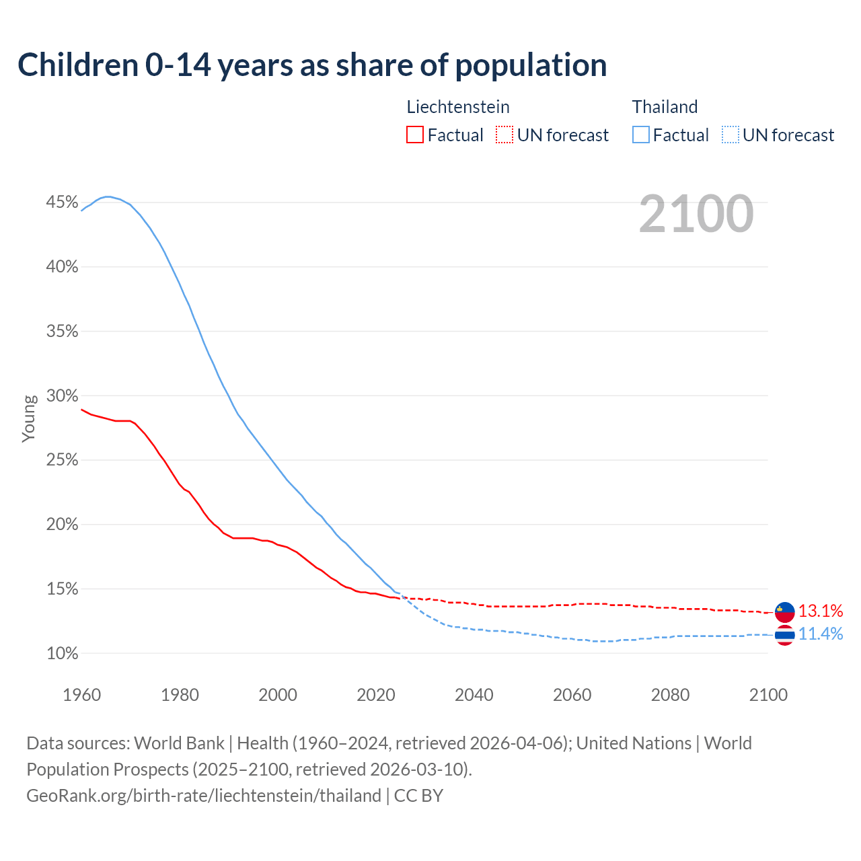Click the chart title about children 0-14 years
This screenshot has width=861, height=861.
pos(312,65)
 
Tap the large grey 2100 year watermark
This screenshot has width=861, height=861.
pos(696,214)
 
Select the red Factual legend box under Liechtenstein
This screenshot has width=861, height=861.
pos(415,135)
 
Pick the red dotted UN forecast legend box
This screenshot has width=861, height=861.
pos(504,135)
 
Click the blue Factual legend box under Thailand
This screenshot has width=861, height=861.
pos(641,135)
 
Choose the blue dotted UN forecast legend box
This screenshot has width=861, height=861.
pos(731,135)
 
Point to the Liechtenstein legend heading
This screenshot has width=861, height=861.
pos(458,107)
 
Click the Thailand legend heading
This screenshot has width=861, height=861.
pos(665,107)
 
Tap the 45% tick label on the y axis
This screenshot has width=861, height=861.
pos(63,202)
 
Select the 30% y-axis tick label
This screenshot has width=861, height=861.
pos(63,396)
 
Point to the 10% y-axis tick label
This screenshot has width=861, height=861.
pos(63,653)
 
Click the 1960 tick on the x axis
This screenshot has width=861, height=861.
pos(82,695)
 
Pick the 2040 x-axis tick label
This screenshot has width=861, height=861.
pos(474,695)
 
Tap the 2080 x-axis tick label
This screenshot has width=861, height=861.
pos(670,695)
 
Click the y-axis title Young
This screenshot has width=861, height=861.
pos(29,418)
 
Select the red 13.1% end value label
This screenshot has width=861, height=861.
pos(821,611)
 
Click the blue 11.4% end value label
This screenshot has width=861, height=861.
pos(821,634)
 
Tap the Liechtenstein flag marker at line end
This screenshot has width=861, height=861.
pos(785,612)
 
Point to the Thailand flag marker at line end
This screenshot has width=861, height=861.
pos(785,635)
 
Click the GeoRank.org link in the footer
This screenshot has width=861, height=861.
pos(204,796)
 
